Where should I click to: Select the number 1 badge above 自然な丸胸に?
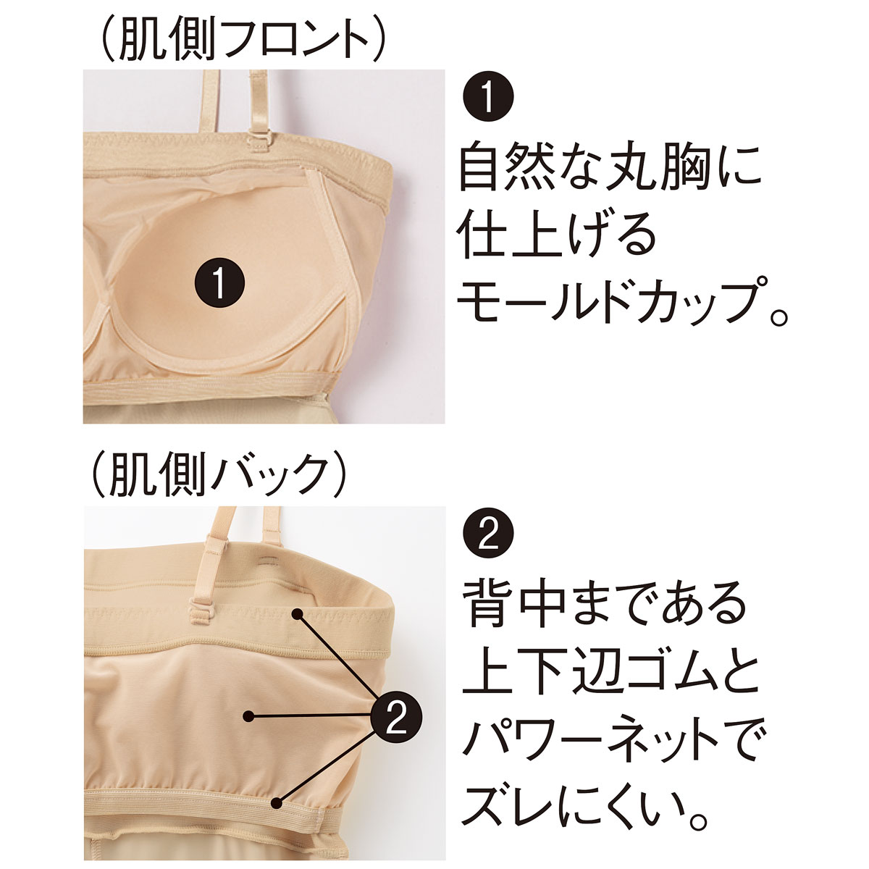coord(488,96)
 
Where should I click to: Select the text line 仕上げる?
coord(557,236)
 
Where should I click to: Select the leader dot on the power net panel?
coord(248,715)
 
